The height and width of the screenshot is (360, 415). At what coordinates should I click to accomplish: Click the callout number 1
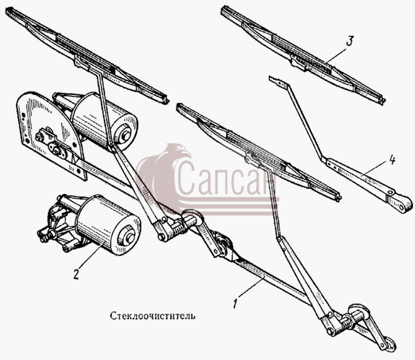(235, 303)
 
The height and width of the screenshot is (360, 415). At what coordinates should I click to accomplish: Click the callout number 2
(76, 274)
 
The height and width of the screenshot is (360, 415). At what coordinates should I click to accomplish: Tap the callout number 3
(349, 41)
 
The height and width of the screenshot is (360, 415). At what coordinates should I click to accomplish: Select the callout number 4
(391, 160)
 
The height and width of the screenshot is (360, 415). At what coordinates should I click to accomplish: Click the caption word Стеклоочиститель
(153, 316)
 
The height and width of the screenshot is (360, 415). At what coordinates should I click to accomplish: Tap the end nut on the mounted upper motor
(125, 134)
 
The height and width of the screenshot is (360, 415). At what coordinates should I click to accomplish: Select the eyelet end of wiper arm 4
(402, 204)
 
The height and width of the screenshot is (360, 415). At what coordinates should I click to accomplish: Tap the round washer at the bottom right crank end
(390, 343)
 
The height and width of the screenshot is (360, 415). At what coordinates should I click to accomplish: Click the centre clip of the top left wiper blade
(82, 62)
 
